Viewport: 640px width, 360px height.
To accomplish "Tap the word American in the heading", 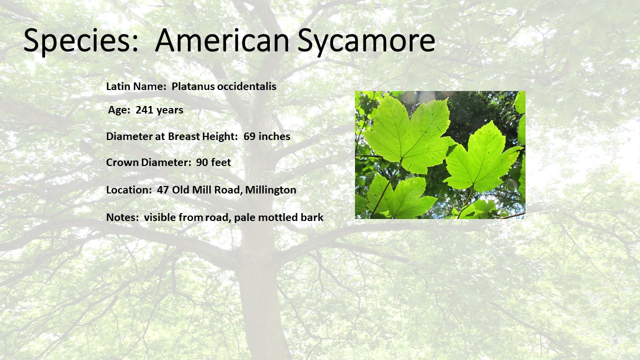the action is point(222,40).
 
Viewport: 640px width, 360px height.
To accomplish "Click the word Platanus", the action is point(192,86).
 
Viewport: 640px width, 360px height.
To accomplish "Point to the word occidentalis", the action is point(246,86).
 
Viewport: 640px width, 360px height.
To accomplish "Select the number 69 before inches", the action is point(249,136).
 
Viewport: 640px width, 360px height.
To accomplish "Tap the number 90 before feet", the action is point(202,162).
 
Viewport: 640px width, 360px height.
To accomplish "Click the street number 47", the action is point(163,189).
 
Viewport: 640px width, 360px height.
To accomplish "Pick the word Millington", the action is point(270,190).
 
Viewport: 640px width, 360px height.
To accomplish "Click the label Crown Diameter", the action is point(148,162).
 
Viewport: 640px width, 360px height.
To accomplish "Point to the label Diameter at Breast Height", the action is point(172,136).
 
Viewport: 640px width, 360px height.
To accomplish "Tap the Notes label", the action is point(122,217).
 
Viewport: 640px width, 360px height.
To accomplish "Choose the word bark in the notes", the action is point(312,217).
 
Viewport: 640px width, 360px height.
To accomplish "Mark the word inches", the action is point(274,136).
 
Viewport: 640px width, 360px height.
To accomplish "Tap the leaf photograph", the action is point(440,155).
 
